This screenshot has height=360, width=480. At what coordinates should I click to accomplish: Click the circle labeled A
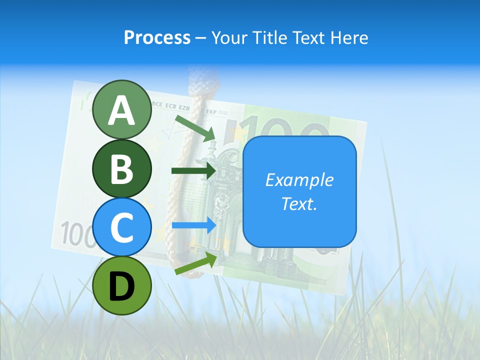coord(121,109)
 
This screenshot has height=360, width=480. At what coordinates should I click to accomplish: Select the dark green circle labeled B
coord(121,168)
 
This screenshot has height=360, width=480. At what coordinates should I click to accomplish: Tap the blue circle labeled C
coord(121,227)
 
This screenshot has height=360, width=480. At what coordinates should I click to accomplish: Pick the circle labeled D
coord(121,285)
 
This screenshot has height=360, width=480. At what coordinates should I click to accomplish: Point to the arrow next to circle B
coord(193,170)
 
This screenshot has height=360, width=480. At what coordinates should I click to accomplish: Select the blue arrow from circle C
coord(193,225)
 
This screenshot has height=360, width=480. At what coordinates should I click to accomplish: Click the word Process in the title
coord(157,38)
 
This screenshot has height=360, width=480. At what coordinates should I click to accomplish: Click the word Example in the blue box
coord(299,180)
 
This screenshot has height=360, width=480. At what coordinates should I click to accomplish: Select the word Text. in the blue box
coord(299,203)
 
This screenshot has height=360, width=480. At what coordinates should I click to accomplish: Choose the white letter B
coord(121,169)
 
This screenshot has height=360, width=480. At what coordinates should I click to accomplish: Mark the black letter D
coord(121,286)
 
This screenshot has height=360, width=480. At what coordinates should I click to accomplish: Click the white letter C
coord(121,228)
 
